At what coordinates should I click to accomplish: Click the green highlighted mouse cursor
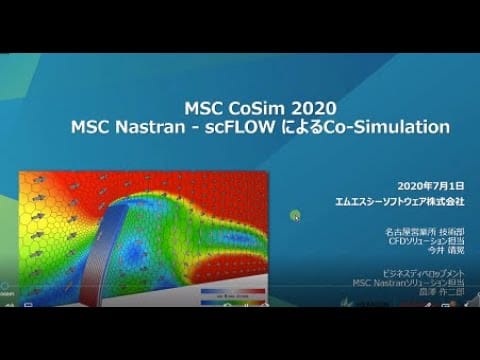point(296,215)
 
